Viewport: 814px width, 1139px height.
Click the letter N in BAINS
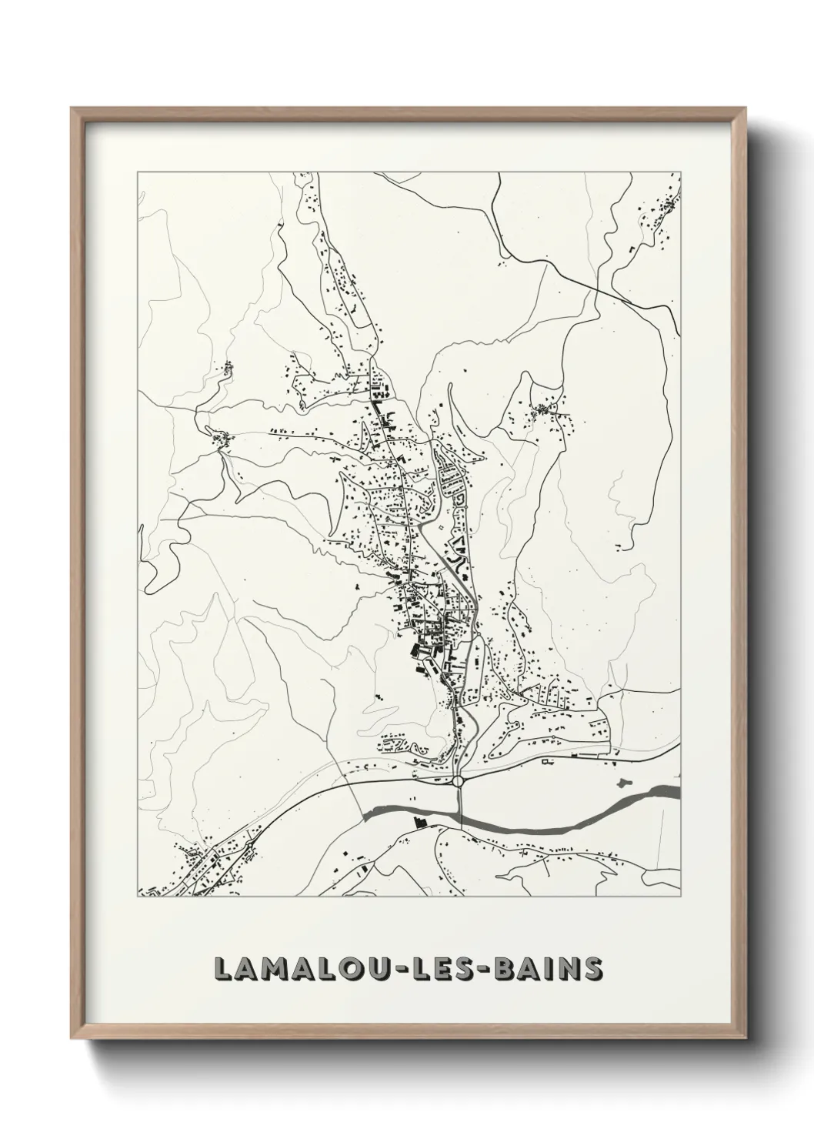(x=568, y=970)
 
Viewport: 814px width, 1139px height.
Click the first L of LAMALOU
(x=222, y=970)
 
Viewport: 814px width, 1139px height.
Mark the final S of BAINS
(x=593, y=970)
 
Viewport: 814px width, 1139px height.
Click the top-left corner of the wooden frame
(x=72, y=109)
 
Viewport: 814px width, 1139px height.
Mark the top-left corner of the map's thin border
(x=137, y=172)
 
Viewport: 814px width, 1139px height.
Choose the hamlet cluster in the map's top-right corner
(x=662, y=204)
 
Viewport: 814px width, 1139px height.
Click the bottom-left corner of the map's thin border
(x=137, y=897)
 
